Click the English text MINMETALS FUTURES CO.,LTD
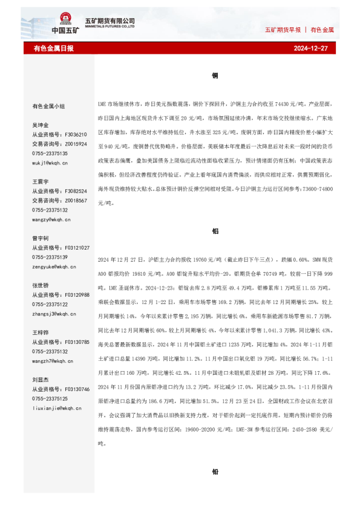(114, 27)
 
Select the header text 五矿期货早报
(283, 29)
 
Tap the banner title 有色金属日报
(54, 48)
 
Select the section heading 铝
(215, 231)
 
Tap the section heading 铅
(215, 472)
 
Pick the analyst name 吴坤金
(40, 125)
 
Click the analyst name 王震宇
(40, 181)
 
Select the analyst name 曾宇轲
(40, 238)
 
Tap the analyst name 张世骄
(40, 285)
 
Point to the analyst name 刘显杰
(40, 380)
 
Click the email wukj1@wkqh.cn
(50, 163)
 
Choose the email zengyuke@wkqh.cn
(54, 267)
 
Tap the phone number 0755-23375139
(50, 257)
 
